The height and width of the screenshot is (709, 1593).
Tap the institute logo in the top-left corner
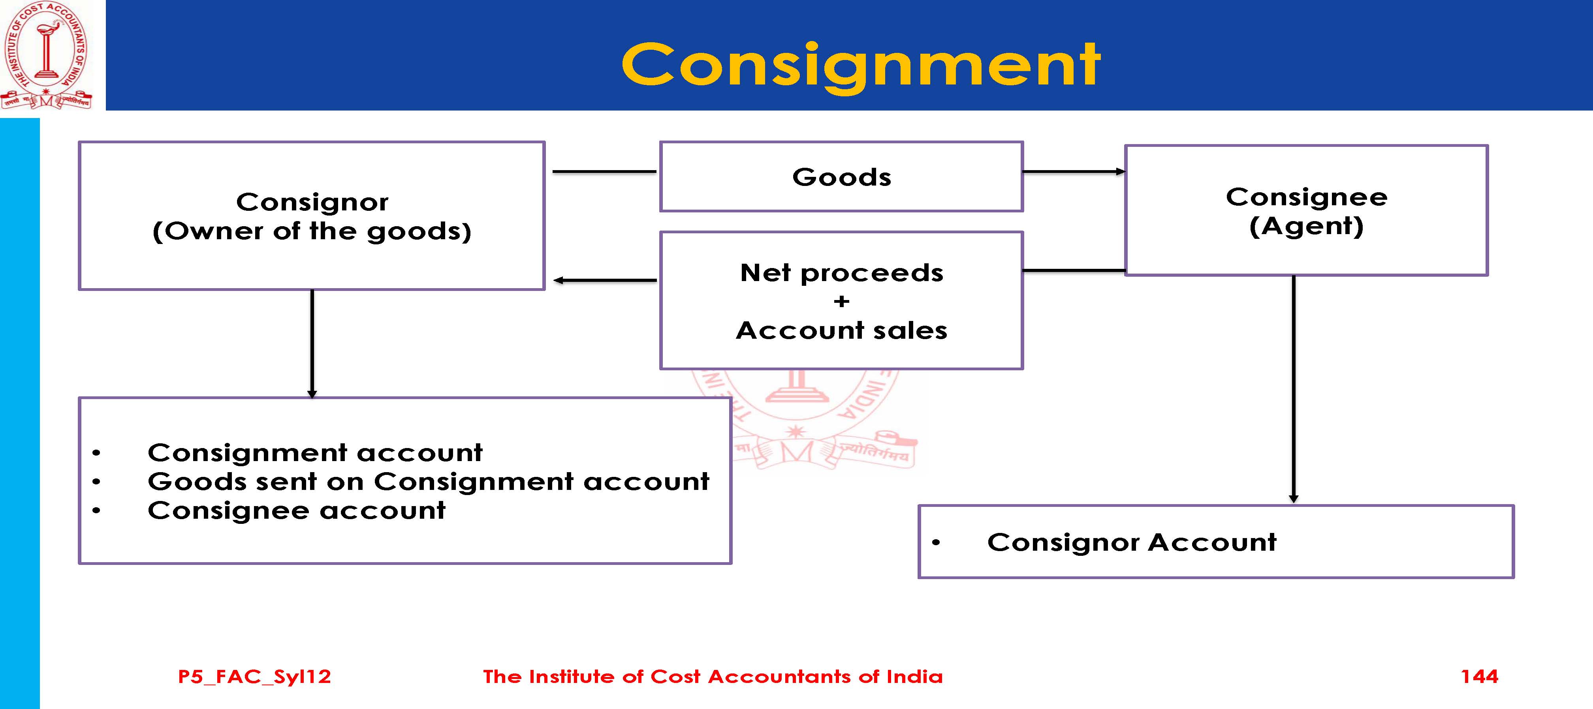pos(46,56)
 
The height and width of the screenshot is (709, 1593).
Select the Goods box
pos(841,177)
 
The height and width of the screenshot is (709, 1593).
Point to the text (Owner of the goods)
pos(312,231)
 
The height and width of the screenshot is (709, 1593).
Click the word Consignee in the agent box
pos(1306,197)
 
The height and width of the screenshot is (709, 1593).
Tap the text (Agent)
pos(1306,226)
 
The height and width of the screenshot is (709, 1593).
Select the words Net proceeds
pos(841,273)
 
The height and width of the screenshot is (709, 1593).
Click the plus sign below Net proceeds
pos(841,302)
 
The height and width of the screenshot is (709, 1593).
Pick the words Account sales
pos(841,331)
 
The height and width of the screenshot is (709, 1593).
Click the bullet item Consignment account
pos(315,452)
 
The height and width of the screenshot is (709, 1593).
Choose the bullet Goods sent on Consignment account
pos(428,482)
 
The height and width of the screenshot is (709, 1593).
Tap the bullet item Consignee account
pos(296,510)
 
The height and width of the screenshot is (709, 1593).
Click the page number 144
pos(1479,676)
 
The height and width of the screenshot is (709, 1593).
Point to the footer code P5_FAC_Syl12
pos(254,676)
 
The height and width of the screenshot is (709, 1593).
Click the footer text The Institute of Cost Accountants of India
pos(713,676)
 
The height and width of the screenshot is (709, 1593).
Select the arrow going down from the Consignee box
pos(1293,389)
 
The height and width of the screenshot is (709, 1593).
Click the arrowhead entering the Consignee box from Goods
pos(1120,171)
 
